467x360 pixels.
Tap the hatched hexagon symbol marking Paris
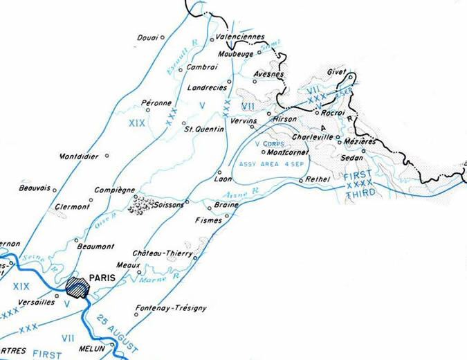[78, 287]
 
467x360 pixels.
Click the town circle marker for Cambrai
[181, 67]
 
